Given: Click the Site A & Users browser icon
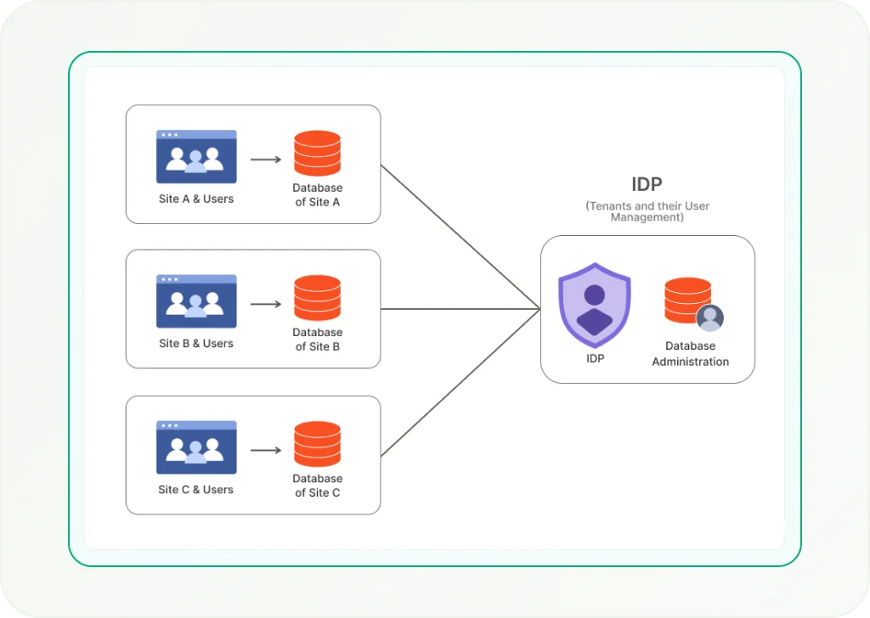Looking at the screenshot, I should [196, 157].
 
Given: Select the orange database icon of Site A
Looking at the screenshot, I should [317, 154].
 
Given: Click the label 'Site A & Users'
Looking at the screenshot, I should [196, 199].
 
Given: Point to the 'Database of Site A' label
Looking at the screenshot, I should [318, 194].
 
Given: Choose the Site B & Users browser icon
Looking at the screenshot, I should [196, 301].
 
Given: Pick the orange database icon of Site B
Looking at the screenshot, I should [317, 298].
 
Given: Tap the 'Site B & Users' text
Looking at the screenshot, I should [196, 344].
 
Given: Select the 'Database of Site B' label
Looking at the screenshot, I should [318, 340].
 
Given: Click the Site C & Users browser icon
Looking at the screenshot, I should [196, 447].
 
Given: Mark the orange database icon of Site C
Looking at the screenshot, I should [317, 444].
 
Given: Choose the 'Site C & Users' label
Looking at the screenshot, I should [196, 490].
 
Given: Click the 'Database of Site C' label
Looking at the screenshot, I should [318, 486].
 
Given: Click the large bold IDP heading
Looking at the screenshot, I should [647, 185].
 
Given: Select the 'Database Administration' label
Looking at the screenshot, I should [690, 354].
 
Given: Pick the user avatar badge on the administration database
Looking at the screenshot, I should [709, 317].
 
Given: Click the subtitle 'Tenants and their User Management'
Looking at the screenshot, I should [647, 211].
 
